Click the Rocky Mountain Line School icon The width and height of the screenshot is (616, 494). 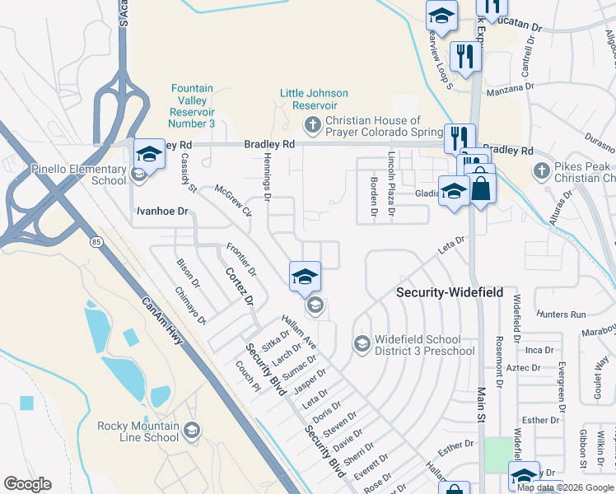191,431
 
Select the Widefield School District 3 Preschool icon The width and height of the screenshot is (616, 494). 361,343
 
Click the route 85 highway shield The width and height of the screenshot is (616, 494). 96,241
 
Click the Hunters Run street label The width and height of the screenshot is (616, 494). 559,315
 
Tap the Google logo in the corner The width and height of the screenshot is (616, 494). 27,484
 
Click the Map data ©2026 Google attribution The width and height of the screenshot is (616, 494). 565,487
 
